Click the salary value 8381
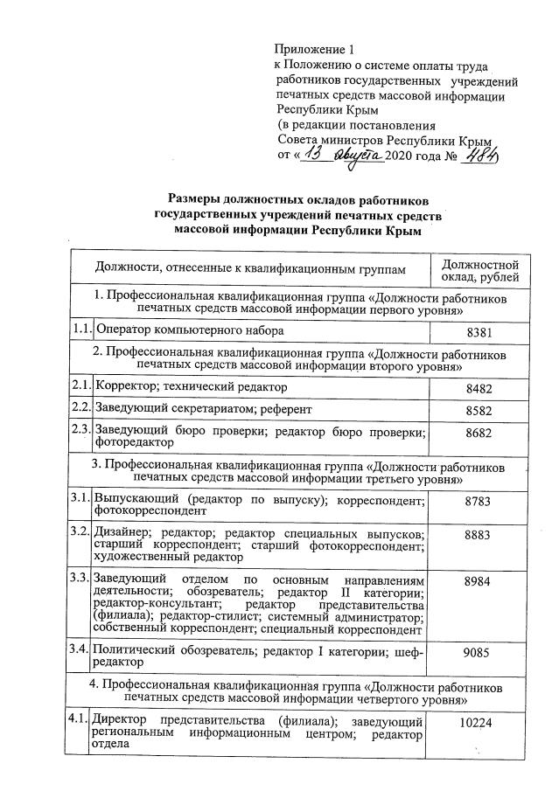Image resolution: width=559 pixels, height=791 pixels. (479, 332)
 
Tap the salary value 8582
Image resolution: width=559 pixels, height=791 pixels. (479, 408)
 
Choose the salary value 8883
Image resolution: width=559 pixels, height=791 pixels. (479, 534)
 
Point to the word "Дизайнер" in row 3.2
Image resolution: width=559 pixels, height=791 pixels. (121, 533)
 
